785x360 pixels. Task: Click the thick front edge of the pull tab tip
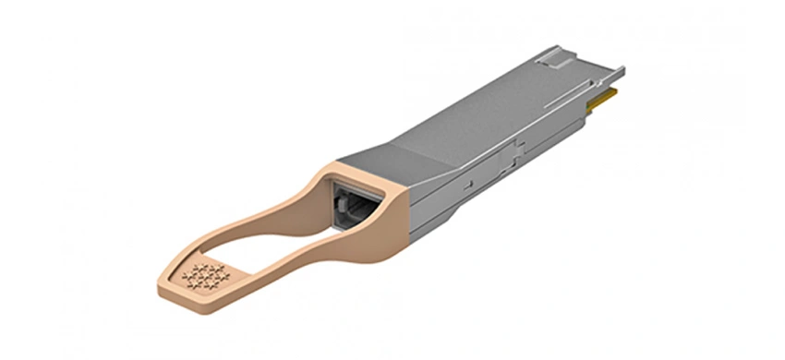pyautogui.click(x=189, y=294)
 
